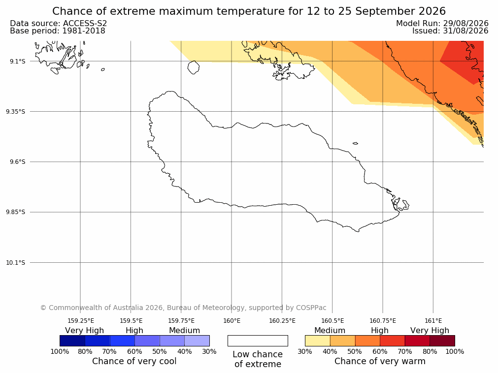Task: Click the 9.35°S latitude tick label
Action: pyautogui.click(x=16, y=111)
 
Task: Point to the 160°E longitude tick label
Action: pyautogui.click(x=232, y=321)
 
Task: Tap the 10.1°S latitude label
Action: pyautogui.click(x=16, y=263)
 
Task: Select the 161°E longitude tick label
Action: pyautogui.click(x=433, y=321)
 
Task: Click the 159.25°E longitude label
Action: pyautogui.click(x=81, y=321)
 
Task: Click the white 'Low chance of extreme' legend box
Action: pyautogui.click(x=258, y=341)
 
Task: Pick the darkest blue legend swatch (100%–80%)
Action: pyautogui.click(x=72, y=341)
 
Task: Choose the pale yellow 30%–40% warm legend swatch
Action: pyautogui.click(x=318, y=341)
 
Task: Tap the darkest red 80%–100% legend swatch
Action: pyautogui.click(x=442, y=341)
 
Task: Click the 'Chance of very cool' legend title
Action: pyautogui.click(x=134, y=361)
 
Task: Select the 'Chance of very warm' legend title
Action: pyautogui.click(x=380, y=361)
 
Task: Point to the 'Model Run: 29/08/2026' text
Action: pyautogui.click(x=442, y=23)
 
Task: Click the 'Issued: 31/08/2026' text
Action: pyautogui.click(x=450, y=31)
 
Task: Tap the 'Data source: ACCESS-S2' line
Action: pyautogui.click(x=59, y=23)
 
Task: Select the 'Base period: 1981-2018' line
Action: pyautogui.click(x=58, y=31)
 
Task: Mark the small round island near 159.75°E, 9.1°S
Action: pyautogui.click(x=194, y=67)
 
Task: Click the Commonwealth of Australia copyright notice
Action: pyautogui.click(x=183, y=308)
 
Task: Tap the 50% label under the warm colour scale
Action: pyautogui.click(x=355, y=351)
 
